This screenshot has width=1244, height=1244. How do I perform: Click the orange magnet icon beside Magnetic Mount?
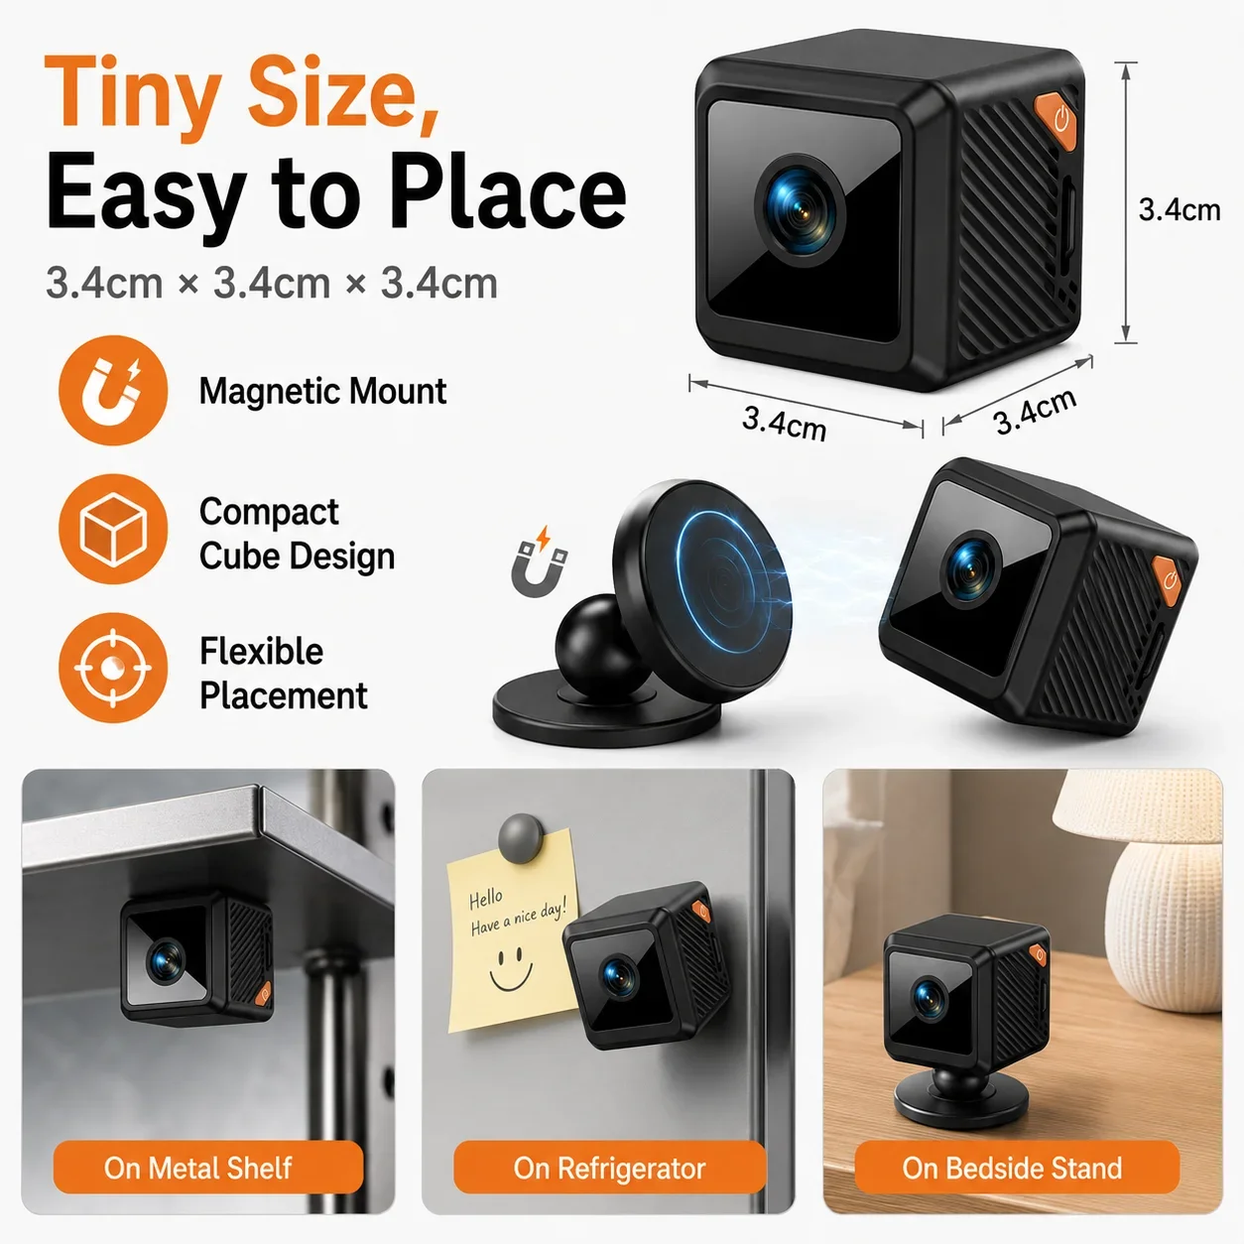click(113, 390)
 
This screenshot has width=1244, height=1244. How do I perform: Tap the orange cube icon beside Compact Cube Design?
click(113, 529)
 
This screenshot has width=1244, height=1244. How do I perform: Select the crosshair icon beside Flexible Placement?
click(113, 668)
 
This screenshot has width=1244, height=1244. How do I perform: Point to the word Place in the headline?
click(507, 191)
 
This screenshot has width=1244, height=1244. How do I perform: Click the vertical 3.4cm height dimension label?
click(1180, 209)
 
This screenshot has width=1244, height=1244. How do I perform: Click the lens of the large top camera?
click(801, 210)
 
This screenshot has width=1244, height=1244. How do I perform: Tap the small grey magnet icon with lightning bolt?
click(540, 560)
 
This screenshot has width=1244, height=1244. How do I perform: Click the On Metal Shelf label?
click(197, 1168)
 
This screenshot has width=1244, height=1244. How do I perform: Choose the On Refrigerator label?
click(609, 1168)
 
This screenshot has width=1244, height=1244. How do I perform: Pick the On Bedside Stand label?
click(1012, 1168)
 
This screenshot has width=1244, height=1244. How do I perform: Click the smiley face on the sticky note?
click(511, 969)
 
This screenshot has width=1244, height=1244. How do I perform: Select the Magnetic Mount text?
click(322, 391)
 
